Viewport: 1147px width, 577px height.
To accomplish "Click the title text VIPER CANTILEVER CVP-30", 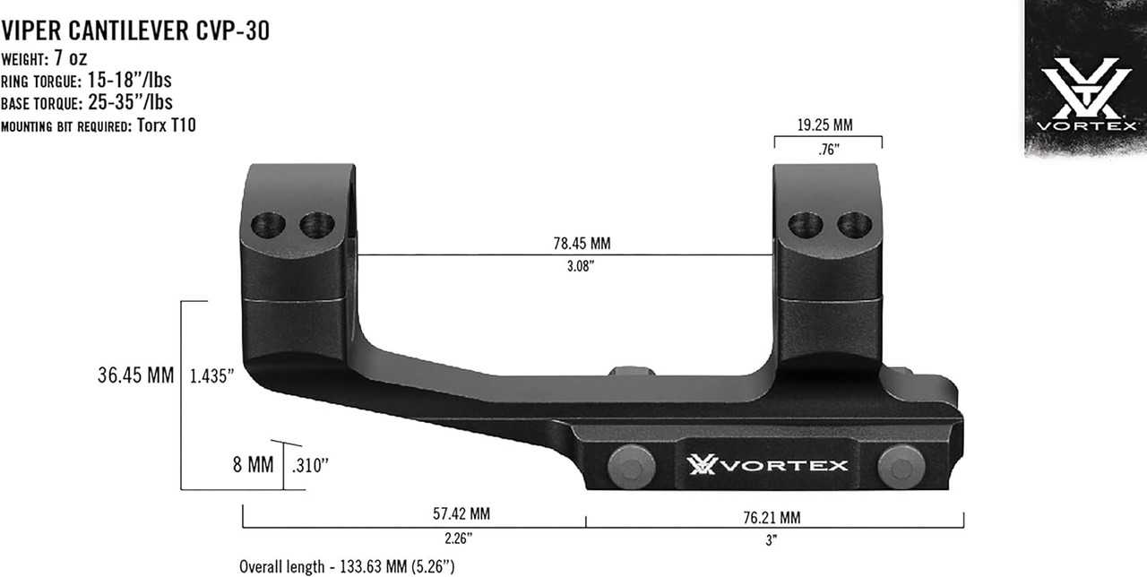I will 135,32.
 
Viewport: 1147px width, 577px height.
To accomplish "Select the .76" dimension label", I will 827,151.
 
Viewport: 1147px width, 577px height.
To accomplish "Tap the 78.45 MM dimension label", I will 582,243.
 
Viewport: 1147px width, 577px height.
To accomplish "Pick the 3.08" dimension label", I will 582,267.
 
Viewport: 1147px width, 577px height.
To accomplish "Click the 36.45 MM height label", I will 135,375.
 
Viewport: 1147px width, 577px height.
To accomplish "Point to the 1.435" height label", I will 212,376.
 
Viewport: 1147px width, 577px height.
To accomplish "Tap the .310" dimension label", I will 311,466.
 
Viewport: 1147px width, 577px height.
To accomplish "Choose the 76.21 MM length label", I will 771,517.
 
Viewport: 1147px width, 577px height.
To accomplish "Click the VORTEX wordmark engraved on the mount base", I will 767,465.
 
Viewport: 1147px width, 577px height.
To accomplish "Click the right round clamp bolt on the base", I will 900,464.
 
